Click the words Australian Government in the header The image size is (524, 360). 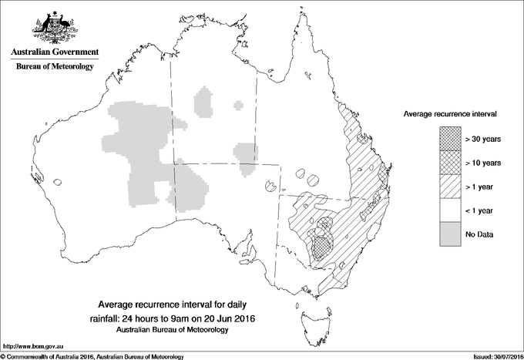pyautogui.click(x=54, y=52)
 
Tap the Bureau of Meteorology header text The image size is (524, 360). pyautogui.click(x=54, y=67)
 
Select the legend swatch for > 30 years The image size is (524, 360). pyautogui.click(x=448, y=139)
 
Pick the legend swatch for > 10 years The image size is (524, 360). pyautogui.click(x=448, y=163)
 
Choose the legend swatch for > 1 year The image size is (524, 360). pyautogui.click(x=448, y=186)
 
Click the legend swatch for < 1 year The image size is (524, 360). pyautogui.click(x=448, y=210)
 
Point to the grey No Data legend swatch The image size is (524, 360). pyautogui.click(x=448, y=234)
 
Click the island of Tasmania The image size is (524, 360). pyautogui.click(x=309, y=314)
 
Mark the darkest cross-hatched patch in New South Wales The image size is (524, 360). pyautogui.click(x=321, y=247)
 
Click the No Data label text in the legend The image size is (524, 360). pyautogui.click(x=479, y=234)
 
